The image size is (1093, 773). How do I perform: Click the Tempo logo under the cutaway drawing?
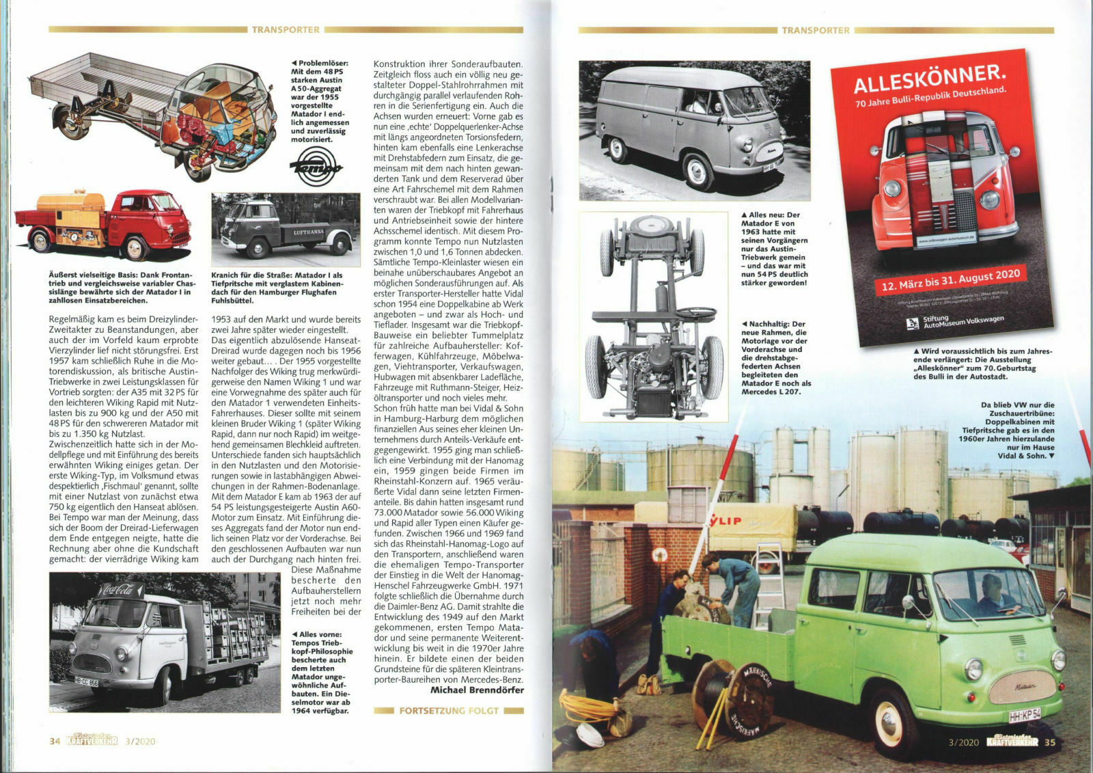[316, 167]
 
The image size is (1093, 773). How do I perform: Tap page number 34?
[55, 741]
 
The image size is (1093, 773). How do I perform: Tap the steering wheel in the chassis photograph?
[695, 314]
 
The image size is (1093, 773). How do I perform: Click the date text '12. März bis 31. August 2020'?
[950, 280]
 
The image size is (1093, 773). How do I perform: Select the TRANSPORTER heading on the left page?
[286, 30]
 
